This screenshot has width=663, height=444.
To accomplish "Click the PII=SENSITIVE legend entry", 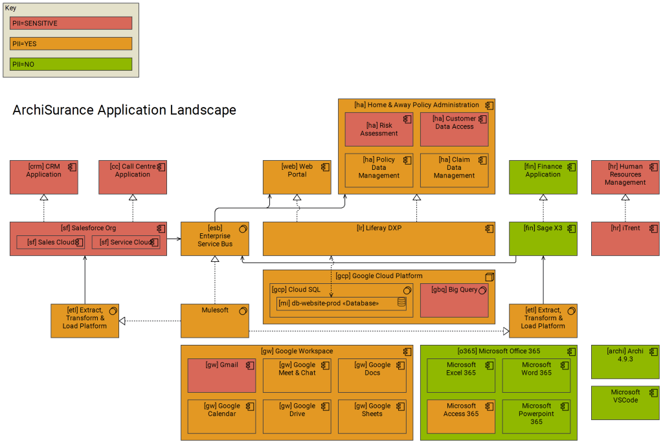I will [x=71, y=23].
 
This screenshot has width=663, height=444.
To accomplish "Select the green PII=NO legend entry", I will [x=71, y=64].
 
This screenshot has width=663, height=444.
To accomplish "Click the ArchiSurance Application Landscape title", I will [x=124, y=110].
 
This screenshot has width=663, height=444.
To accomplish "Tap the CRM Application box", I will [x=44, y=177].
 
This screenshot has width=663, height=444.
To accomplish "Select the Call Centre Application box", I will [x=133, y=177].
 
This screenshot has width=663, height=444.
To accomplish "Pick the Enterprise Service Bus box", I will [x=214, y=239].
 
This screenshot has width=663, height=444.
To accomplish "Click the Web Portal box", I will [x=297, y=177].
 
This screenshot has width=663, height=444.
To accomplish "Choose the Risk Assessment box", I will [x=379, y=130].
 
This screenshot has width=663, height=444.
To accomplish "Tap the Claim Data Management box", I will [x=454, y=170].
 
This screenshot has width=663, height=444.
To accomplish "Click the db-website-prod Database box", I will [x=341, y=303].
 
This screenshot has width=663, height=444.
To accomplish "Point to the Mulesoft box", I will [x=214, y=321].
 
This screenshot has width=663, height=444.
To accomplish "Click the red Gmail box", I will [x=221, y=376].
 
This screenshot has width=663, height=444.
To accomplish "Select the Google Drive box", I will [x=297, y=417].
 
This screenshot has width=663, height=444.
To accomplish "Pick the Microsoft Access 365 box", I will [x=461, y=417].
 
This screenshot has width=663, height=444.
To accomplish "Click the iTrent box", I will [x=625, y=239].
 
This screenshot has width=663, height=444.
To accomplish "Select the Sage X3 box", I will [x=543, y=239].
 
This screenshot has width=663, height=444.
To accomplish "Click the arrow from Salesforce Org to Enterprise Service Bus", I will [x=174, y=239].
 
